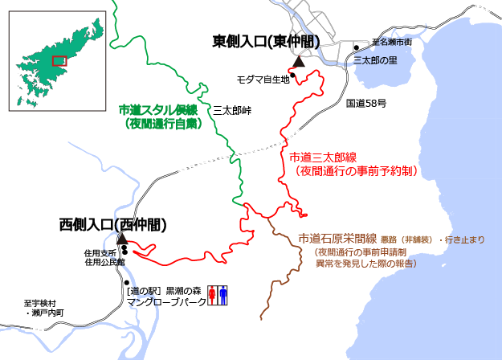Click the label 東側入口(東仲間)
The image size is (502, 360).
(x=265, y=42)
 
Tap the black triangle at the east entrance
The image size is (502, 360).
(x=299, y=61)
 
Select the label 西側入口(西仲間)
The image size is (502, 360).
(x=113, y=225)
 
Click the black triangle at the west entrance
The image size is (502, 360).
(x=121, y=239)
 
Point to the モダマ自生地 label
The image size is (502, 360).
(x=263, y=80)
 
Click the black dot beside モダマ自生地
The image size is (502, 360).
(x=293, y=76)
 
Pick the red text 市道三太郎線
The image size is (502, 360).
(x=322, y=157)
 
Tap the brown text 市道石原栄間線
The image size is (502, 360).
(x=337, y=238)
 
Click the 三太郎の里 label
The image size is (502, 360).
(x=375, y=60)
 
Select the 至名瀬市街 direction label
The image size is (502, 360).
(x=392, y=42)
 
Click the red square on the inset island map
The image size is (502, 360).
(x=59, y=60)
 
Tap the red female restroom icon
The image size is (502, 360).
(x=213, y=294)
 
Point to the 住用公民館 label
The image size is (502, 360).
(x=105, y=262)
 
